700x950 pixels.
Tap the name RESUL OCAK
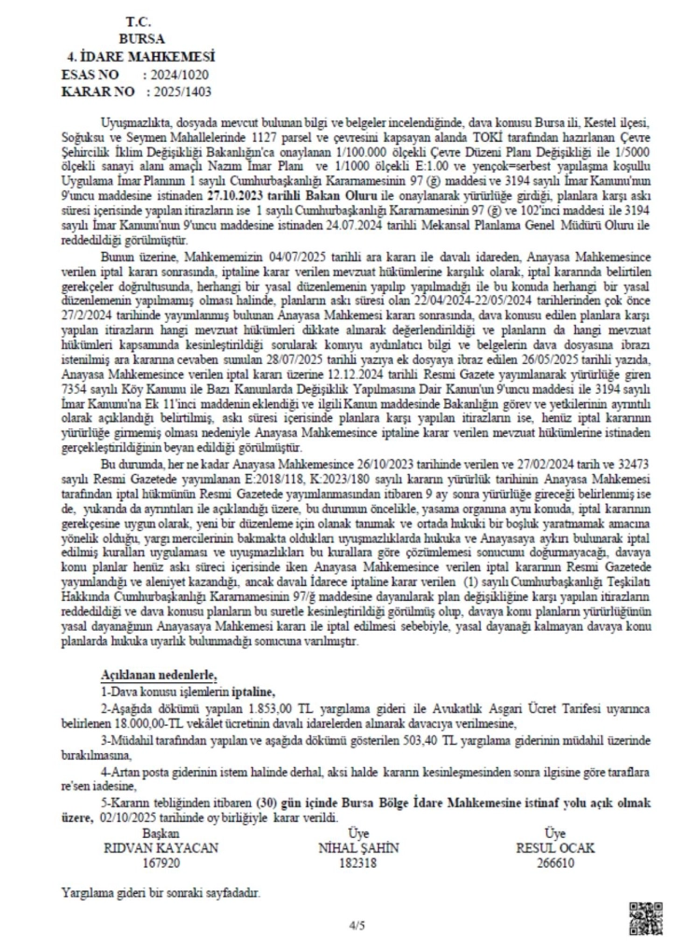pyautogui.click(x=554, y=847)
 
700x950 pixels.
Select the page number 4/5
pyautogui.click(x=357, y=926)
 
